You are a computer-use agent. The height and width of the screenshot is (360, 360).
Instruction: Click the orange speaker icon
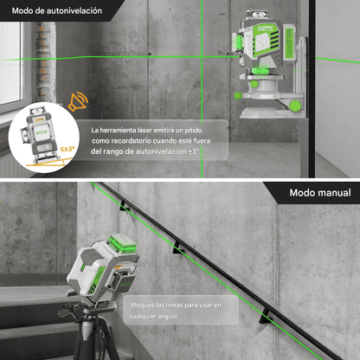(78, 102)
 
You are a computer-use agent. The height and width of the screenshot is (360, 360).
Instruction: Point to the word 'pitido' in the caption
(193, 131)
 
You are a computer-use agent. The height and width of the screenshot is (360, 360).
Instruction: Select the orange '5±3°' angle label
(67, 149)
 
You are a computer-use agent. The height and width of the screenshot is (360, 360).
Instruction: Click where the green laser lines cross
(202, 57)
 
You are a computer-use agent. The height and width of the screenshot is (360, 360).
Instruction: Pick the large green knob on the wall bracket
(295, 106)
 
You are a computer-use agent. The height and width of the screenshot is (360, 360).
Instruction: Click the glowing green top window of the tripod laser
(122, 242)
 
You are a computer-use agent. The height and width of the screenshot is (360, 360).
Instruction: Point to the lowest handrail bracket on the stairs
(266, 317)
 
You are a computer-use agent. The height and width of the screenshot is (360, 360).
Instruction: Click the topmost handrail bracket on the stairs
(125, 206)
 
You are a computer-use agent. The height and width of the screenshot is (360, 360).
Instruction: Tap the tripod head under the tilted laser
(88, 308)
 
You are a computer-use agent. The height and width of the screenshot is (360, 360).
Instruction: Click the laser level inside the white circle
(41, 135)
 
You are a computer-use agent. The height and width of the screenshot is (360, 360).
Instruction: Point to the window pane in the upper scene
(10, 62)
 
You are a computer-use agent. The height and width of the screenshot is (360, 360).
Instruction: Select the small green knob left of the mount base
(238, 95)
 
